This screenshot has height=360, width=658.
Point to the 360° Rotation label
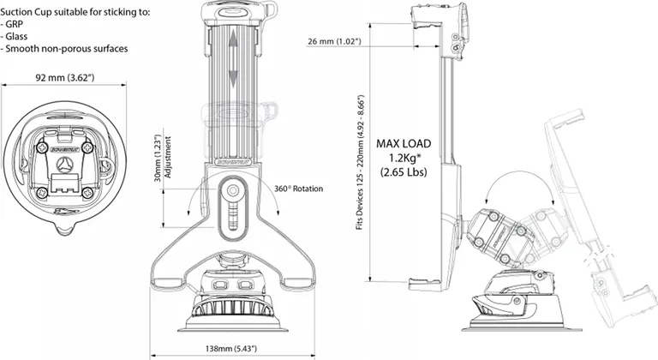coord(300,188)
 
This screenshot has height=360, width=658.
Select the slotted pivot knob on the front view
coord(231,194)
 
